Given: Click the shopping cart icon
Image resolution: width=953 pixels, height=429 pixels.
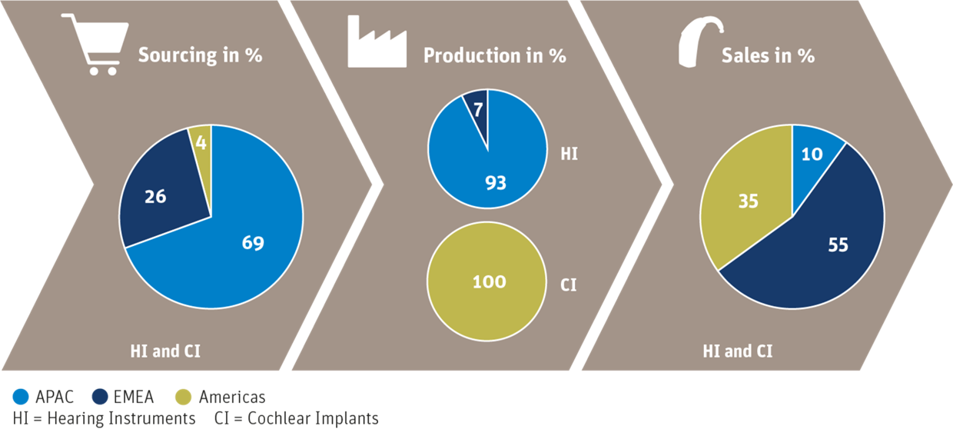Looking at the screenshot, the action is click(95, 45).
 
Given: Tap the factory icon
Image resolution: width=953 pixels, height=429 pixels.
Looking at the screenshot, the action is click(377, 42).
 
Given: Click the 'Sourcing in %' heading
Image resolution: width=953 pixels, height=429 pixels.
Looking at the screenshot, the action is click(200, 55).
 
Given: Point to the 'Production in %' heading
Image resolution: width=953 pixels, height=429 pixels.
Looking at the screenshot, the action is click(495, 55).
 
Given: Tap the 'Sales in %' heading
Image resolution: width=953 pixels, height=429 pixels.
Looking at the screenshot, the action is click(768, 55).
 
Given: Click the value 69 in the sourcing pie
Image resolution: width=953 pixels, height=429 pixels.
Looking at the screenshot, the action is click(253, 243).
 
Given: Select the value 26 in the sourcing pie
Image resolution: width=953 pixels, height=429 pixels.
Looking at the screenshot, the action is click(155, 197).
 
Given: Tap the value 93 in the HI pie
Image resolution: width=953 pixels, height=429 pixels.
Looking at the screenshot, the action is click(496, 183).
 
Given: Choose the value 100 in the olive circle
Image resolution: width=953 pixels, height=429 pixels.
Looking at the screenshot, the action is click(490, 281).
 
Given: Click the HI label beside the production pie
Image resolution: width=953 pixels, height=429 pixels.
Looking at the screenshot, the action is click(569, 154).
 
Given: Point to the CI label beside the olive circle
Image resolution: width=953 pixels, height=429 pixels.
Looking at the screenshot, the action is click(569, 284).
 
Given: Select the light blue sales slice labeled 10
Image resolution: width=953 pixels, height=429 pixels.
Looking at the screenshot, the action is click(813, 158).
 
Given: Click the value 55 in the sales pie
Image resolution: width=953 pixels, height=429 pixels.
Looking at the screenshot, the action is click(838, 244).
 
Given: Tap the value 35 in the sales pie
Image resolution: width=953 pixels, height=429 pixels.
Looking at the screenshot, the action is click(749, 201).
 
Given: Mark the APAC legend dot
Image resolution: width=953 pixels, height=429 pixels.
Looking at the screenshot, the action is click(21, 397).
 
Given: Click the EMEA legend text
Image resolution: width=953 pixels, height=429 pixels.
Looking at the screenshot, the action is click(134, 397).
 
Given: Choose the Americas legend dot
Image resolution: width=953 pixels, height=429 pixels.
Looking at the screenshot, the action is click(184, 397).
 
